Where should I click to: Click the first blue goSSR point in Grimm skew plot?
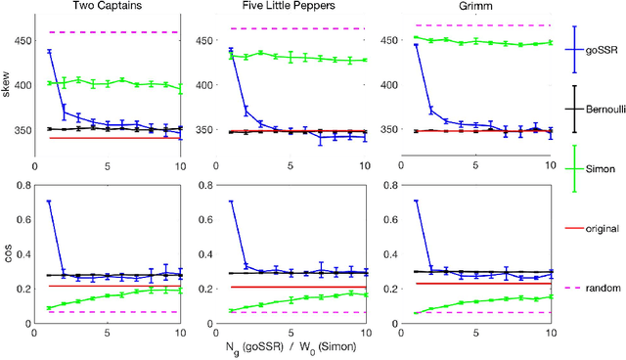pos(416,45)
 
